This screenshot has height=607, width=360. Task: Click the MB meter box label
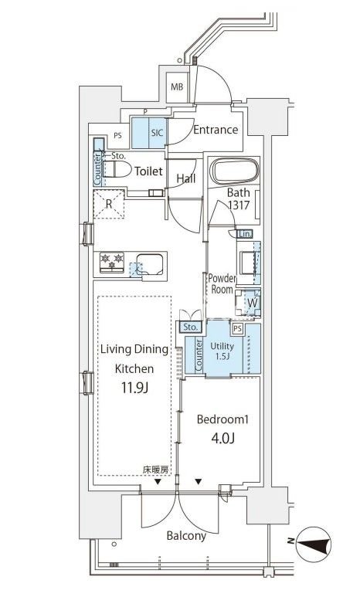[x=177, y=87]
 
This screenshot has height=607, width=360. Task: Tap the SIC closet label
[x=157, y=133]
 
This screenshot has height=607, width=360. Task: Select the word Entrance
[x=216, y=130]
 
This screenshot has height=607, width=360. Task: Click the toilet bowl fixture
[x=117, y=170]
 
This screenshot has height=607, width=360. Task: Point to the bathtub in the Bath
[x=234, y=171]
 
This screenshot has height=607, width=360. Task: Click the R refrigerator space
[x=109, y=204]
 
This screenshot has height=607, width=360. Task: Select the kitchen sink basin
[x=149, y=264]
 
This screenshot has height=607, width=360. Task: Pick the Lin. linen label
[x=244, y=234]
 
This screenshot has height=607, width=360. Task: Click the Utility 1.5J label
[x=222, y=351]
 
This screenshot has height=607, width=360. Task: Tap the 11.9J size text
[x=134, y=388]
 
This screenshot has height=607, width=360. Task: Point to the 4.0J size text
[x=223, y=438]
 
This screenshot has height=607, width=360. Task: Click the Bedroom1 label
[x=222, y=419]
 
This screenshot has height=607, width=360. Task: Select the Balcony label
[x=186, y=536]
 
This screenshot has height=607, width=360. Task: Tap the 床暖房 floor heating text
[x=155, y=470]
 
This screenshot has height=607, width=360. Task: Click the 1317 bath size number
[x=239, y=205]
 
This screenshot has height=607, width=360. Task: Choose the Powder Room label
[x=222, y=283]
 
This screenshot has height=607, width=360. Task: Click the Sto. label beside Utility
[x=190, y=327]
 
